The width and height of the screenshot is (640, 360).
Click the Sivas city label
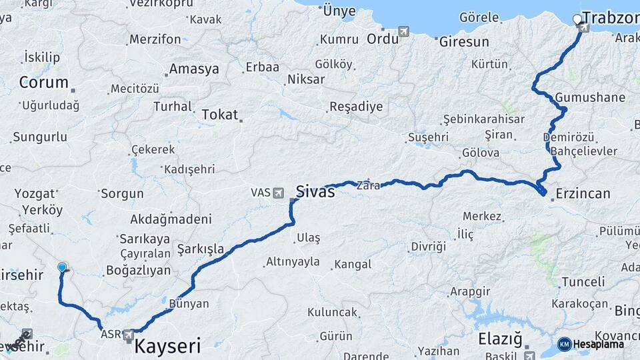[316, 190]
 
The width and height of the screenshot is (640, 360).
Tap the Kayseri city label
[167, 345]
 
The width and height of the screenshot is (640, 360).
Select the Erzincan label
[582, 194]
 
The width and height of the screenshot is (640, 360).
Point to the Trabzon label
[611, 18]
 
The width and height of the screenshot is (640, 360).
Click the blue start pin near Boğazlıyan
[62, 268]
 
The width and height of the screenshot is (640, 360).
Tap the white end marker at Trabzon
[577, 20]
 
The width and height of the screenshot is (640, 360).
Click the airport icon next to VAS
[278, 193]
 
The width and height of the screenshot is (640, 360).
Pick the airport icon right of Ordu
[404, 31]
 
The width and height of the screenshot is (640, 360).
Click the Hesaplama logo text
[599, 344]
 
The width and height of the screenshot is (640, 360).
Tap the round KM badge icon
[564, 344]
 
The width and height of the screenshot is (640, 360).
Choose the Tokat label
[219, 115]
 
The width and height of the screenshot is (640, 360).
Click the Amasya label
[193, 69]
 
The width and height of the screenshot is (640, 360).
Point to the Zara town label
[368, 185]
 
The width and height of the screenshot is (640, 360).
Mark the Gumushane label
[590, 97]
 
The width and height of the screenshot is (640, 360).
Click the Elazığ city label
[499, 338]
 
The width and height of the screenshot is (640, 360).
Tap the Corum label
[44, 83]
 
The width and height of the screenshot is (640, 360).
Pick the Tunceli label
[583, 282]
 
